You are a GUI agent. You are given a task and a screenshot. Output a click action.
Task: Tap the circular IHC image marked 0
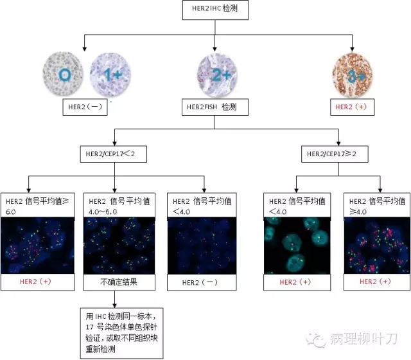(64, 75)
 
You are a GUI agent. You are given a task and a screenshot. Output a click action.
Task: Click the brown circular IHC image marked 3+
(352, 75)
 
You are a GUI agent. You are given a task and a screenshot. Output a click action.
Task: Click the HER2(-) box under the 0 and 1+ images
(83, 107)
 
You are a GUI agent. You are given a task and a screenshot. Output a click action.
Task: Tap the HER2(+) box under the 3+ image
(352, 107)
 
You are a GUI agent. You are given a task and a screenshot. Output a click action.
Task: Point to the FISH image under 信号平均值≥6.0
(39, 246)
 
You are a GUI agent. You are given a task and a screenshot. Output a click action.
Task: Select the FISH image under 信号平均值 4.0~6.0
(121, 246)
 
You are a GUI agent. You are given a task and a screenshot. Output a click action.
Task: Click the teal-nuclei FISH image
(299, 246)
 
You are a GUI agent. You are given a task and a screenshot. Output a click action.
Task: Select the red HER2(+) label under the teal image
(299, 282)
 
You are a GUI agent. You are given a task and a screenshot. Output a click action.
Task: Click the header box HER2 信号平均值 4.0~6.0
(121, 206)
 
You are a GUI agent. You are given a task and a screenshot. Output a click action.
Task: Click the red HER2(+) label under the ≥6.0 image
(39, 282)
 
